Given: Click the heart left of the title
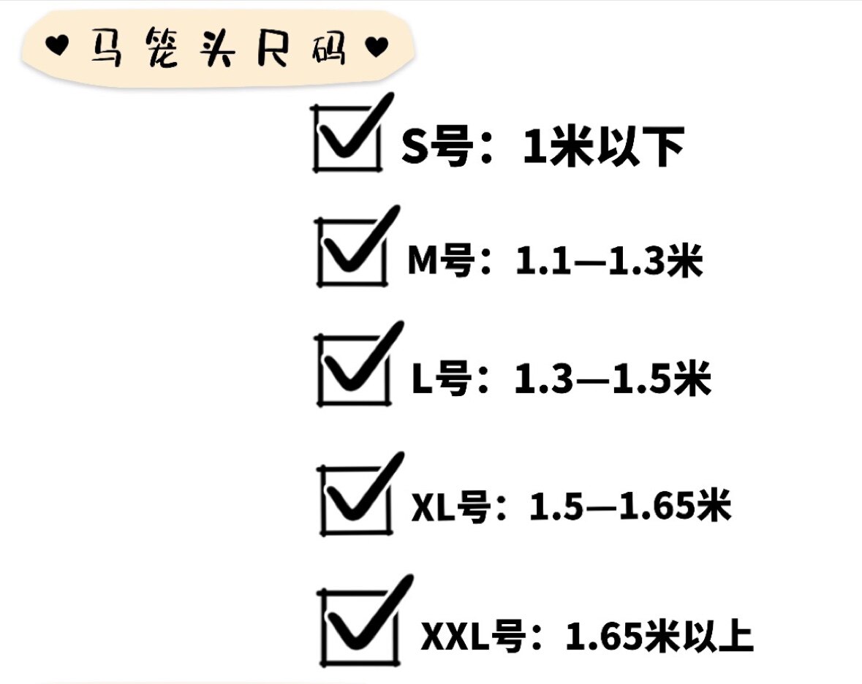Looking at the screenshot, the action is (x=56, y=45).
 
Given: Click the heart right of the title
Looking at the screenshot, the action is (x=377, y=47).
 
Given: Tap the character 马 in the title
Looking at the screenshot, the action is (x=106, y=47).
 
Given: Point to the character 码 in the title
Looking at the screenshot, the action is (x=329, y=47).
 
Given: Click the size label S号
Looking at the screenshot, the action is (x=437, y=146).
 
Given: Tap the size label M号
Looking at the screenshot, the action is (x=441, y=260).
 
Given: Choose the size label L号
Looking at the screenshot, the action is (x=442, y=378).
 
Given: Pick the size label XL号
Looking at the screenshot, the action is (x=451, y=506).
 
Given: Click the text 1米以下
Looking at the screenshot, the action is (x=604, y=146).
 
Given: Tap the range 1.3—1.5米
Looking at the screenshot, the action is (x=613, y=378).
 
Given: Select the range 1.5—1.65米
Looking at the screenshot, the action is (x=630, y=506).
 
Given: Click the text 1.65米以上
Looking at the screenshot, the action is (x=659, y=636).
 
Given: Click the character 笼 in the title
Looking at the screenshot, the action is (x=162, y=47).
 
